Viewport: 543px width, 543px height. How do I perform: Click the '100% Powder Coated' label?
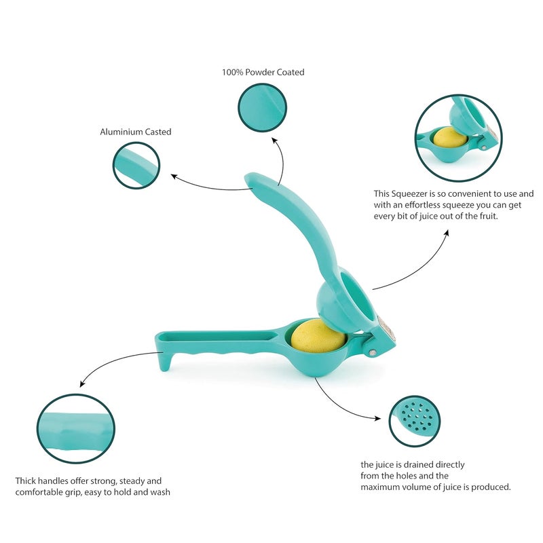(x=263, y=73)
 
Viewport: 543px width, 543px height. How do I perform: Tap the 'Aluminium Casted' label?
(x=136, y=132)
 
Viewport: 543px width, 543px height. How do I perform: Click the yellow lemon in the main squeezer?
(x=318, y=335)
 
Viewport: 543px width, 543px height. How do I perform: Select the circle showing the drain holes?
(x=415, y=421)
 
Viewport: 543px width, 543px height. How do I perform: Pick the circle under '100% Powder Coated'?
(x=262, y=107)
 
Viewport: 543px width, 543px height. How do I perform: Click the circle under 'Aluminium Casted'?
(x=136, y=165)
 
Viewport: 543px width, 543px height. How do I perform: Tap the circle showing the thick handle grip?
(x=75, y=428)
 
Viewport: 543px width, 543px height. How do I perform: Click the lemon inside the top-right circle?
(x=450, y=137)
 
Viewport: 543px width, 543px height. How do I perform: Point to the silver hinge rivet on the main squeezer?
(x=372, y=352)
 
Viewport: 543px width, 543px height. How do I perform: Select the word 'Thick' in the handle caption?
(x=25, y=481)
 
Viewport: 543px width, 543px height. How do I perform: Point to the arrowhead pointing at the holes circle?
(x=377, y=418)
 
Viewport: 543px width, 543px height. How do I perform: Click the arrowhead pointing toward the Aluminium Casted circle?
(x=174, y=176)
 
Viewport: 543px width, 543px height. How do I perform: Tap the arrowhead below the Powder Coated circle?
(x=275, y=141)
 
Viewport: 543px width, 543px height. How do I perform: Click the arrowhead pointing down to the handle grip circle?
(x=82, y=383)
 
